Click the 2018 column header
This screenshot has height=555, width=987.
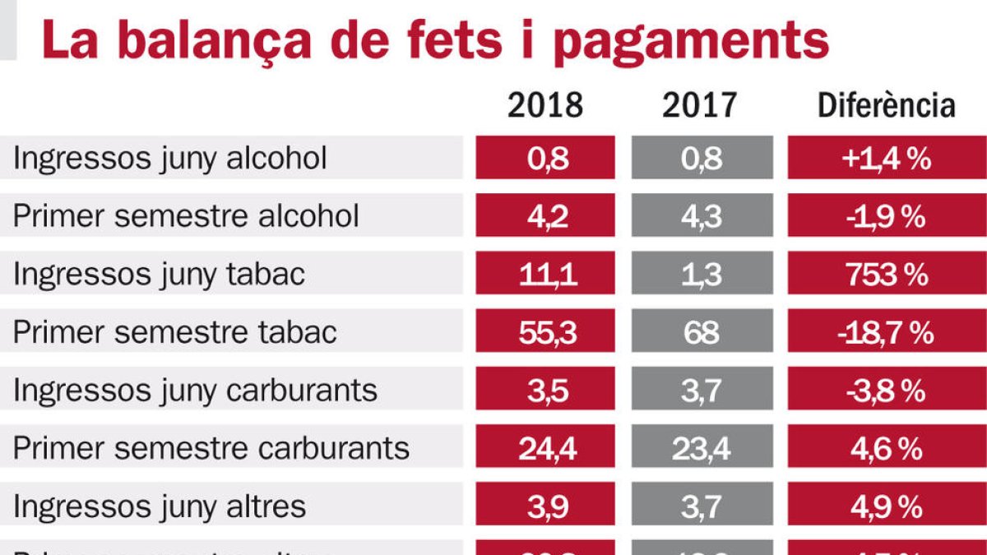[544, 105]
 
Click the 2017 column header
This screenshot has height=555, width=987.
[700, 105]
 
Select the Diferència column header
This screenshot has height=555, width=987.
[886, 105]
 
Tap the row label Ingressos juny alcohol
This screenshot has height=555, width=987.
[170, 158]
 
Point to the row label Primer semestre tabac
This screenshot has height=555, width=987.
[175, 332]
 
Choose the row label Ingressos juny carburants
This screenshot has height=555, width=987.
[195, 390]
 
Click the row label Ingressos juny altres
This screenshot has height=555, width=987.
[160, 506]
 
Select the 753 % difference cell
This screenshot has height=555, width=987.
[887, 275]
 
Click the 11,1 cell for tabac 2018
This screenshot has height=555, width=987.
[545, 275]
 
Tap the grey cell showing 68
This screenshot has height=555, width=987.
[702, 332]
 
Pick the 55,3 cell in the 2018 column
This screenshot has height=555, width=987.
[545, 332]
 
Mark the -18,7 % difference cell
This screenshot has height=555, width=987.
[887, 332]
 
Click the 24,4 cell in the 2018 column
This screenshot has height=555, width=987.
[545, 448]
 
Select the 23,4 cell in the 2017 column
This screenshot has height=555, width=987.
[702, 448]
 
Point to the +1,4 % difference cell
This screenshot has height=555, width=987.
[887, 158]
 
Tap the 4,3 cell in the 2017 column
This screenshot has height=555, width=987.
[702, 216]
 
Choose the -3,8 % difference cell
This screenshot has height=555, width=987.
[887, 390]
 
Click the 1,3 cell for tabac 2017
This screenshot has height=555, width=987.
[702, 275]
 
